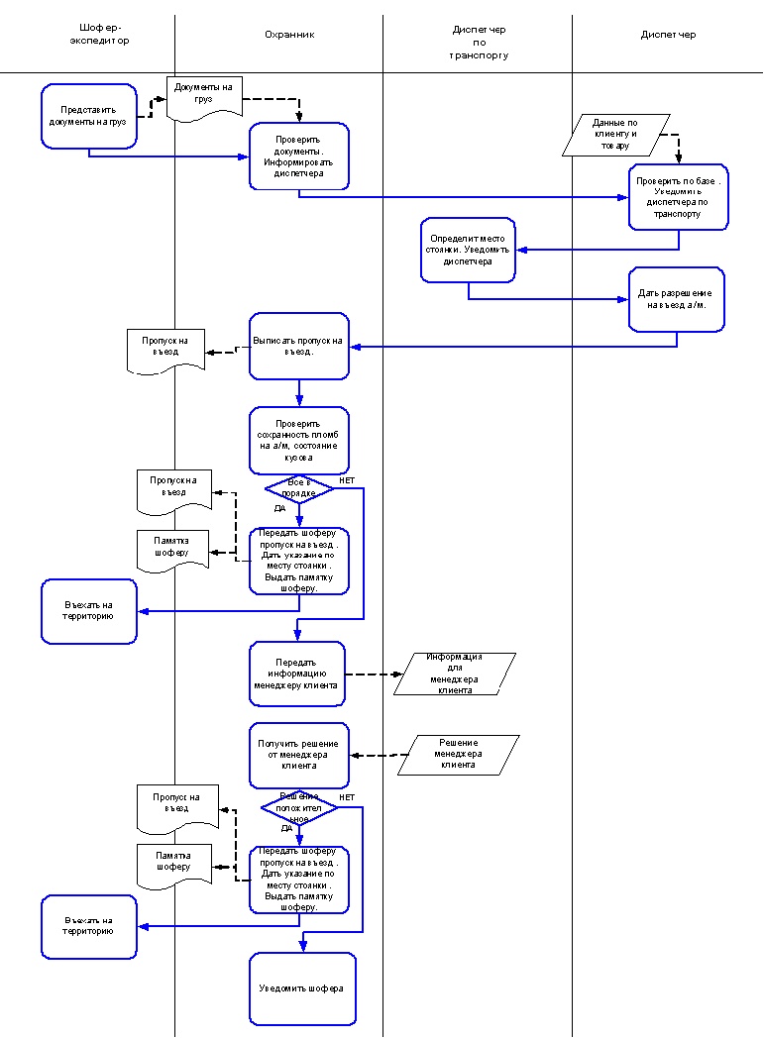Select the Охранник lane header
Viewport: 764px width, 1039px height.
pyautogui.click(x=289, y=35)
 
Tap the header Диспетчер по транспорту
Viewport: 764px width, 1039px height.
pyautogui.click(x=478, y=44)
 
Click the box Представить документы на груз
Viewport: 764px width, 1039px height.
pyautogui.click(x=89, y=116)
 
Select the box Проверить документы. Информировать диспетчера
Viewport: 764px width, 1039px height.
pyautogui.click(x=298, y=156)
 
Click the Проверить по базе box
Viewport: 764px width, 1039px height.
pyautogui.click(x=678, y=197)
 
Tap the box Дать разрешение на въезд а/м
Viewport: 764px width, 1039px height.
pyautogui.click(x=677, y=299)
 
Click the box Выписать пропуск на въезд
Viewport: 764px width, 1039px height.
pyautogui.click(x=298, y=346)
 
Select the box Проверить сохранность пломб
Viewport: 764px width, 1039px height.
pyautogui.click(x=298, y=440)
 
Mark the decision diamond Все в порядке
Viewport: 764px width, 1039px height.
pyautogui.click(x=299, y=488)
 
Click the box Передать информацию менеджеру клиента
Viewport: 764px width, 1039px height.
pyautogui.click(x=297, y=674)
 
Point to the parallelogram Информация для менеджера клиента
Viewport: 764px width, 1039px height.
pyautogui.click(x=455, y=674)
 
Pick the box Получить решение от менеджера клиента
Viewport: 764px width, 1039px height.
pyautogui.click(x=298, y=756)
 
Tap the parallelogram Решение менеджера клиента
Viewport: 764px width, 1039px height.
pyautogui.click(x=459, y=755)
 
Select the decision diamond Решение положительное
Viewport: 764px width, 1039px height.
pyautogui.click(x=299, y=807)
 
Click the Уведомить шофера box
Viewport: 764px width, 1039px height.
pyautogui.click(x=302, y=988)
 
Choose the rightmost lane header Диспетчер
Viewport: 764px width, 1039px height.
pyautogui.click(x=668, y=35)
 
